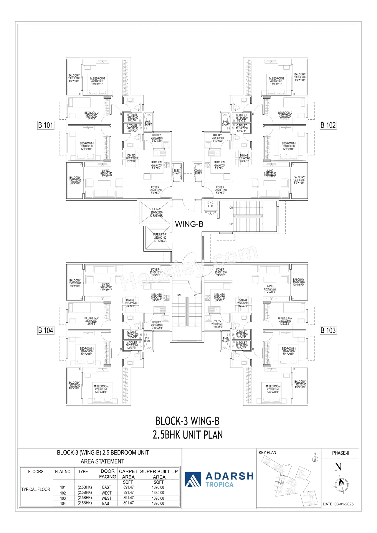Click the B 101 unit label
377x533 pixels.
[x=46, y=125]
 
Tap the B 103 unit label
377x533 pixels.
[x=328, y=330]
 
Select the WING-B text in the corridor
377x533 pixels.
[x=189, y=224]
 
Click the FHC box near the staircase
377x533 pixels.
[x=210, y=206]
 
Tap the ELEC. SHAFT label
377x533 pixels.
[x=177, y=172]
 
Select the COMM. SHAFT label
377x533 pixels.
[x=198, y=172]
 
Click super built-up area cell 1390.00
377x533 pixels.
[x=158, y=487]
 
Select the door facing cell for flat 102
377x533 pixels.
[x=107, y=493]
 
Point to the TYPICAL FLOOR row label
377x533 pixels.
[x=36, y=489]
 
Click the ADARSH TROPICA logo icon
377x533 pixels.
[x=193, y=479]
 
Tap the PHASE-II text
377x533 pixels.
[x=340, y=453]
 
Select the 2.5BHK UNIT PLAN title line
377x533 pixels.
[x=188, y=435]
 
